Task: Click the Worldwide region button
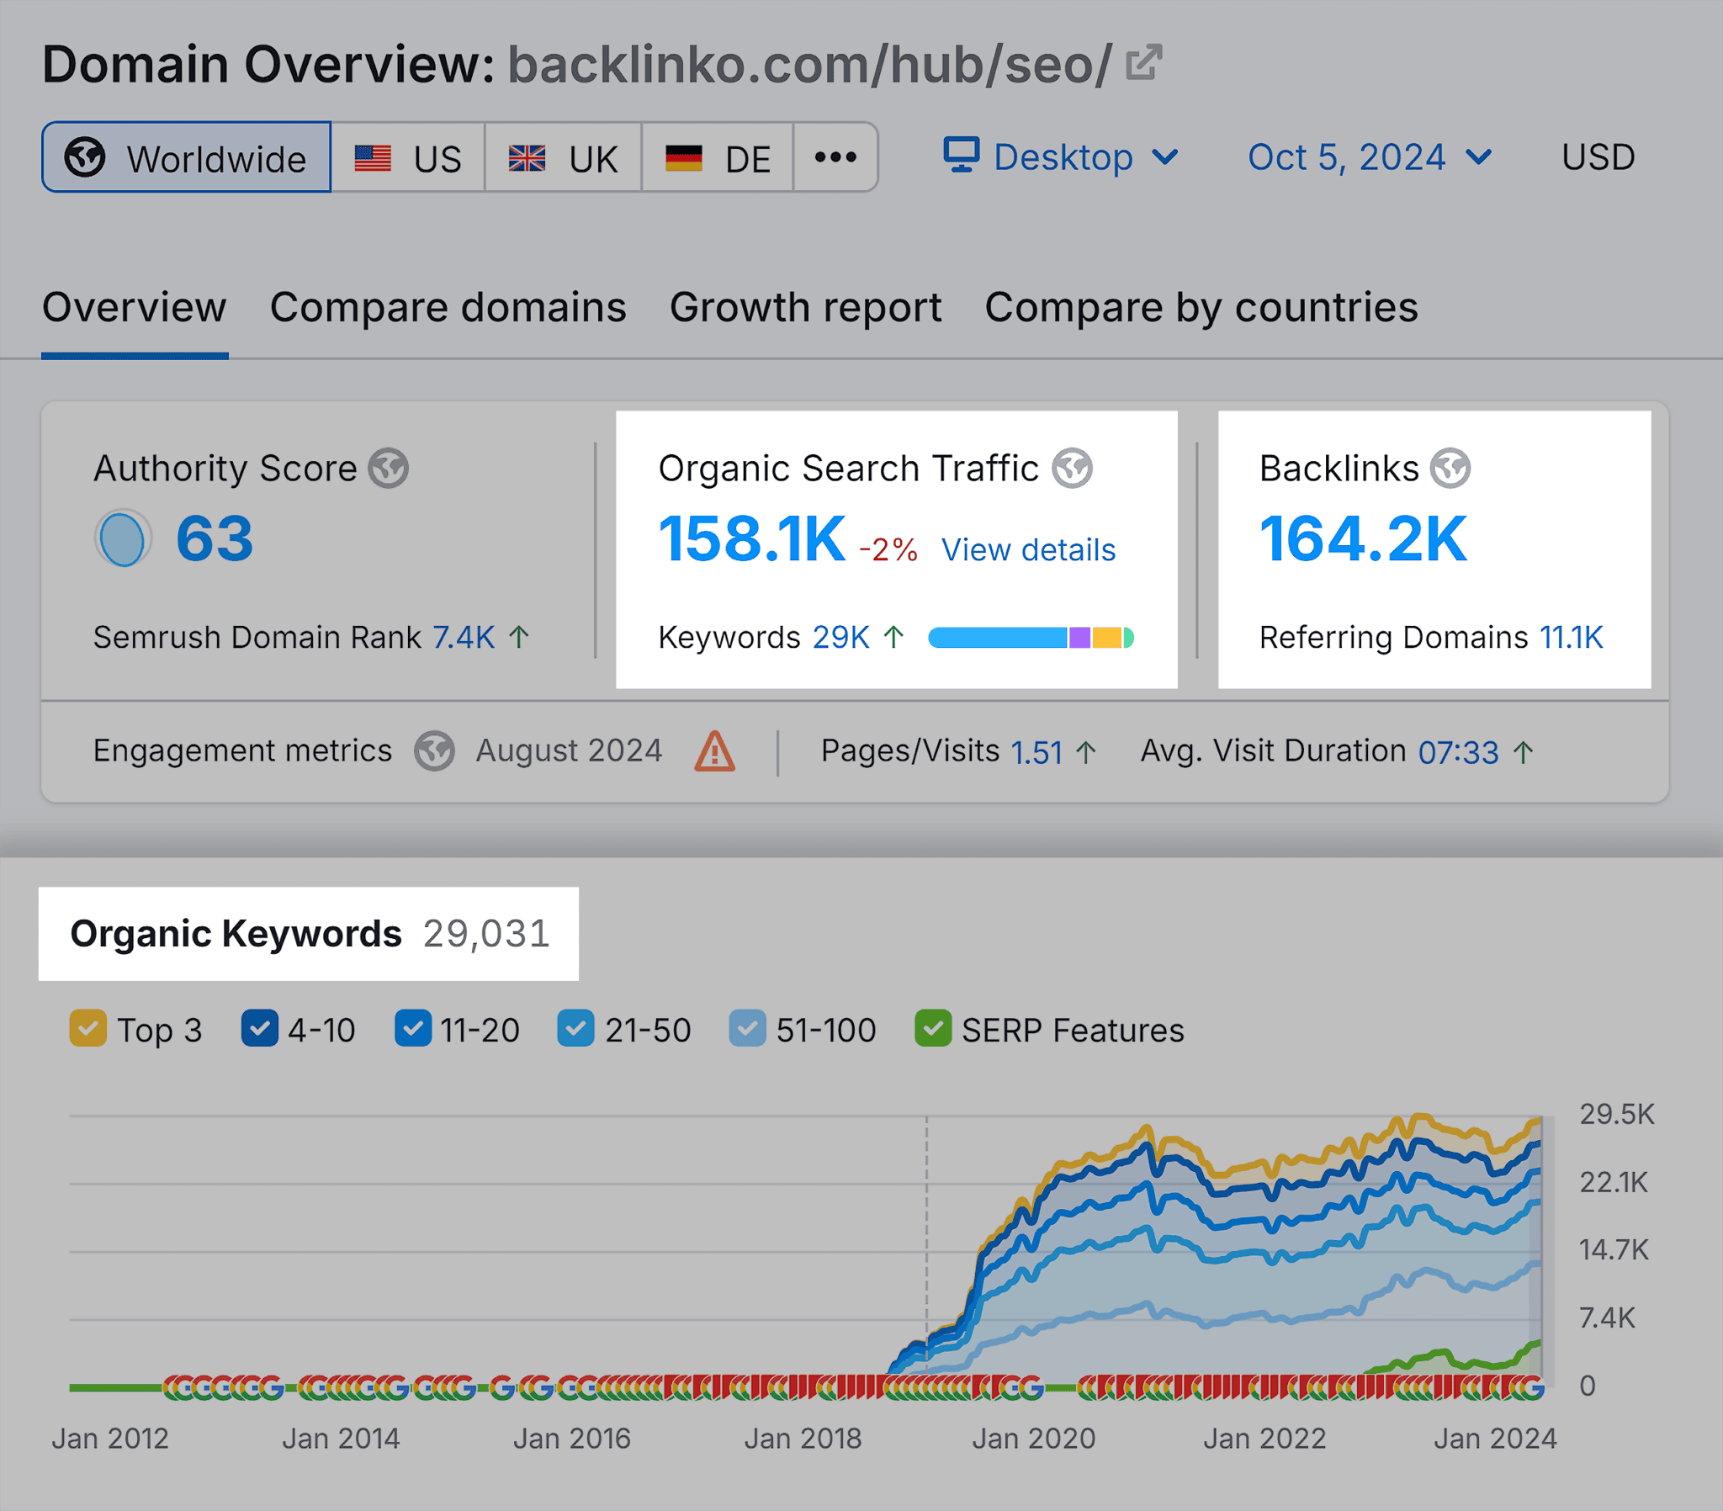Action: click(186, 157)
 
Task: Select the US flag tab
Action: click(408, 157)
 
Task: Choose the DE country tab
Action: click(718, 157)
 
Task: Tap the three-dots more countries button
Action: click(835, 157)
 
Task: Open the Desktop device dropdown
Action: click(1060, 157)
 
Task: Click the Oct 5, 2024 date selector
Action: click(1369, 157)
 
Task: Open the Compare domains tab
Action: click(448, 308)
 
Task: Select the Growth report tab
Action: click(805, 308)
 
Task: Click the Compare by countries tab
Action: click(1201, 308)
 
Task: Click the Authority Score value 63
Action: click(214, 538)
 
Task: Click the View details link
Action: click(1027, 549)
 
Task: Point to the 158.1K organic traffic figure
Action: click(751, 538)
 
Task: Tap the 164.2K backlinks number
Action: click(1362, 538)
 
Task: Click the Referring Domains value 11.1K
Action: click(1571, 638)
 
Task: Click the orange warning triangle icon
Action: click(714, 751)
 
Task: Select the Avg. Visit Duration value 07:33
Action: click(1457, 751)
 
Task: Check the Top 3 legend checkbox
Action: click(88, 1029)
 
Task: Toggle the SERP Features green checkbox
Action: click(932, 1029)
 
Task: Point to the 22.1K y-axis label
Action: click(1613, 1182)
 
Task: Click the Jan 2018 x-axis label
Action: click(803, 1439)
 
